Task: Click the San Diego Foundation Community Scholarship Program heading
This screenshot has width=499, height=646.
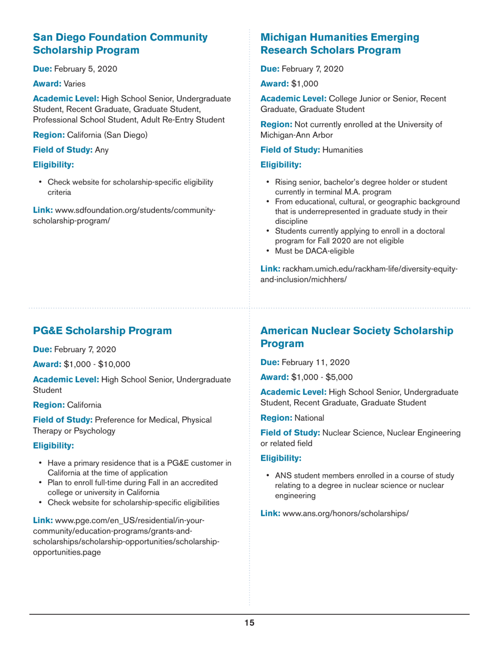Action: coord(120,44)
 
